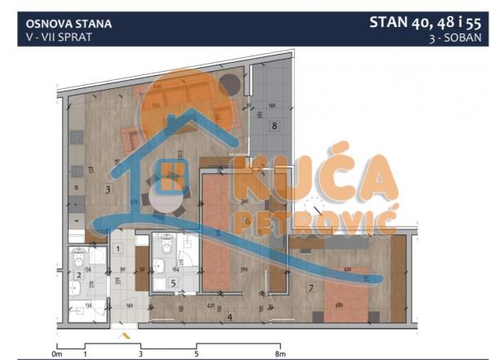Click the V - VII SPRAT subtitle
coord(53,37)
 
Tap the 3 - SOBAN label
coord(454,38)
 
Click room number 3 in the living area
coord(108,189)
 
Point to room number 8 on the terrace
coord(274,126)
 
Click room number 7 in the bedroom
coord(311,287)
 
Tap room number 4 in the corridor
coord(229,317)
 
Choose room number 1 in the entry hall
coord(118,248)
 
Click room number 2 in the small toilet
coord(78,275)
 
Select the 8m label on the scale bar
coord(280,353)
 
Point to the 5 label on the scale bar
coord(196,353)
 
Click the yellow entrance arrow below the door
coord(123,334)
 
